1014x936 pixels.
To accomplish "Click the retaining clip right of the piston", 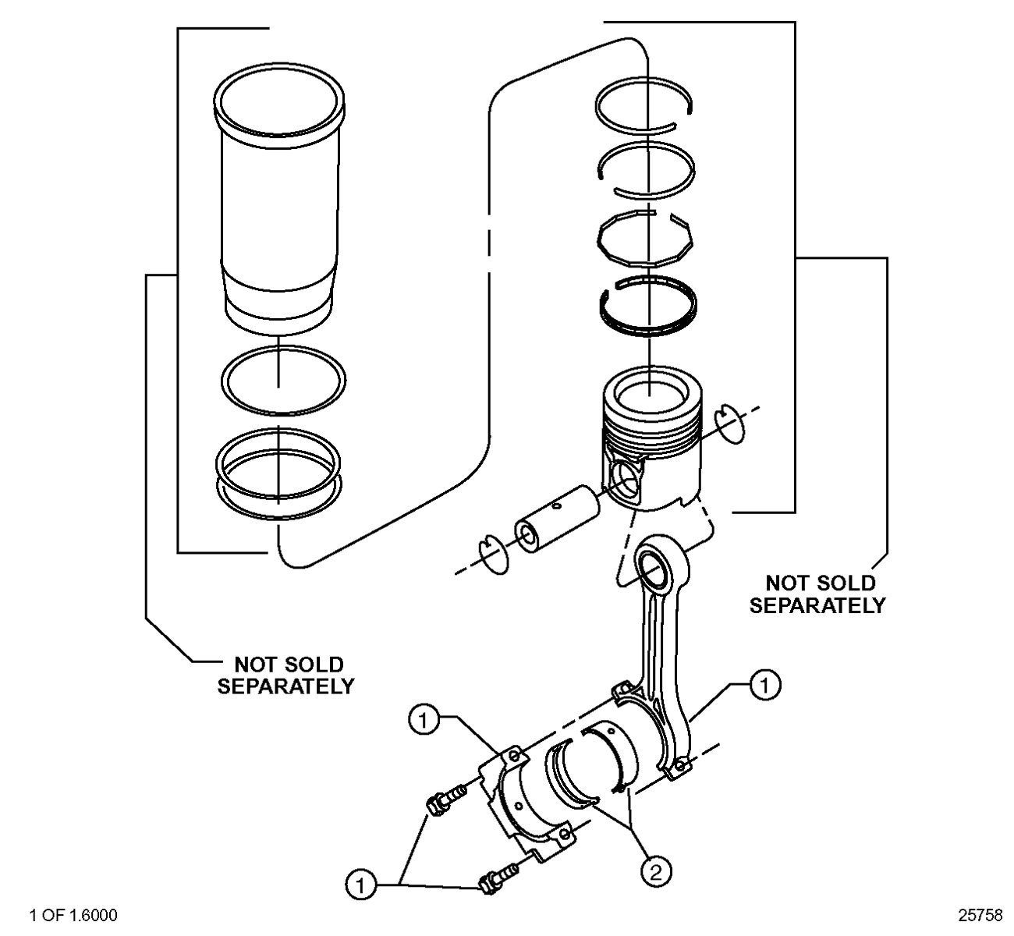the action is pyautogui.click(x=731, y=424).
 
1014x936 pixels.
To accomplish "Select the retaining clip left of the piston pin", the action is pyautogui.click(x=493, y=555).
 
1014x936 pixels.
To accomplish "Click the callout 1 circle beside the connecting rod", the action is pyautogui.click(x=765, y=686).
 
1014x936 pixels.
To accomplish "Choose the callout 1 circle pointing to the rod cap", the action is pyautogui.click(x=424, y=720).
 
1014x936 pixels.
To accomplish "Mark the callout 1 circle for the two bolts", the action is pyautogui.click(x=361, y=885).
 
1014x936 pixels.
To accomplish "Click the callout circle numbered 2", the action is pyautogui.click(x=656, y=872).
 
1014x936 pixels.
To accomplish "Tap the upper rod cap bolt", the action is pyautogui.click(x=445, y=802).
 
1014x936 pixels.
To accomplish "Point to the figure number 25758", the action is pyautogui.click(x=980, y=915).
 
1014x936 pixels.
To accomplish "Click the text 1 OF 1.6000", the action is pyautogui.click(x=73, y=915).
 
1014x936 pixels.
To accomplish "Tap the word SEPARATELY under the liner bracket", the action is pyautogui.click(x=286, y=687).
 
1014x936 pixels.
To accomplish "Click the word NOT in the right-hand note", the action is pyautogui.click(x=786, y=583).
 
